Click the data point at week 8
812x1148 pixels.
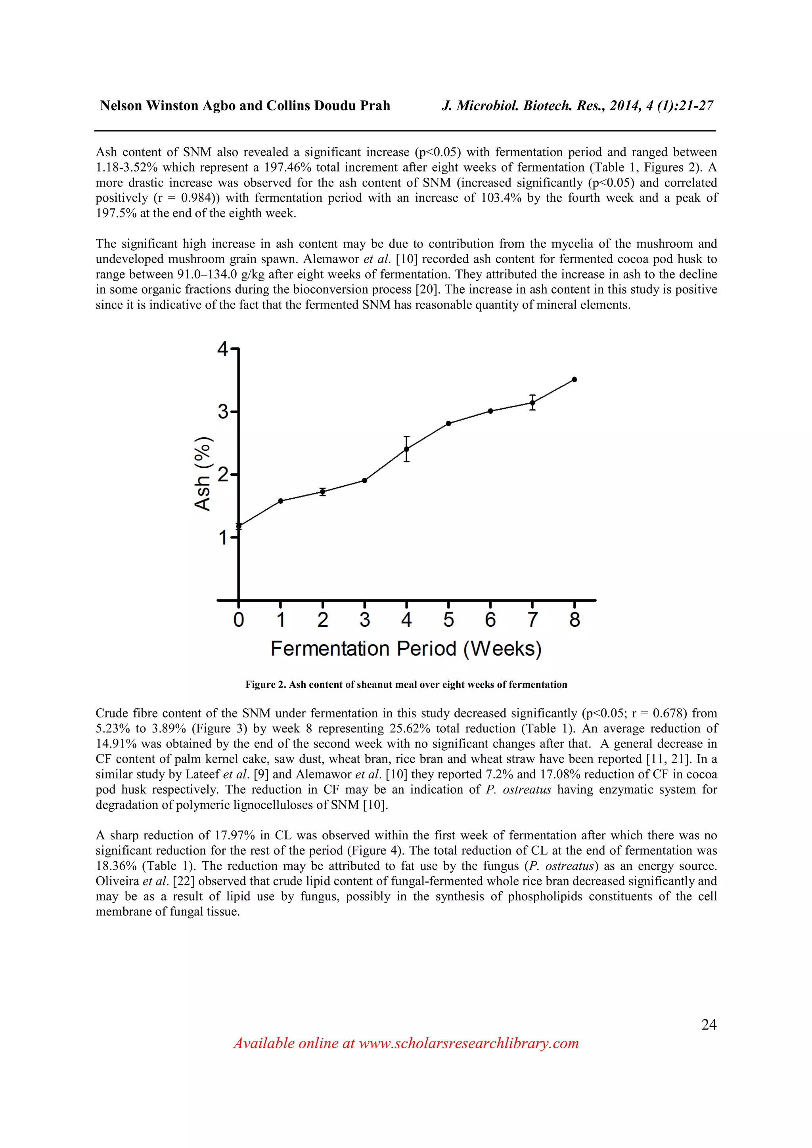(575, 379)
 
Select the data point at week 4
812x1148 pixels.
(406, 449)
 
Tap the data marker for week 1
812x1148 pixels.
(280, 501)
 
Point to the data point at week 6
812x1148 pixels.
(490, 411)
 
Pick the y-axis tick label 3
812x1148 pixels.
(223, 412)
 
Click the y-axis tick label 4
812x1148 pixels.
(223, 349)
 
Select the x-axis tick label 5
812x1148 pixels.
(448, 620)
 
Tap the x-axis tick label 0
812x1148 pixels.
(239, 620)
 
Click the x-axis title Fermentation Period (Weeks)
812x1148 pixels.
(406, 648)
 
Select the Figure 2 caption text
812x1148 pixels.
(406, 685)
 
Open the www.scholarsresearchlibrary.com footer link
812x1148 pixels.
(469, 1043)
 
